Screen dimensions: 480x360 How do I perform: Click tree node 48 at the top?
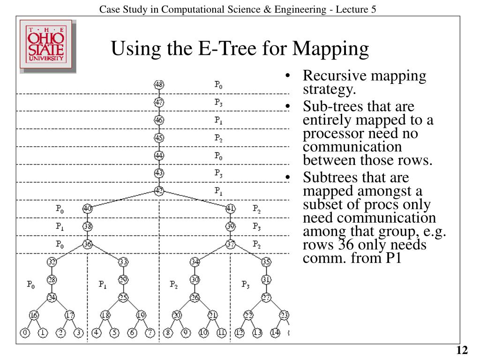click(159, 85)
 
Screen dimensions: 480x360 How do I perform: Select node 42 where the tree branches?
click(159, 191)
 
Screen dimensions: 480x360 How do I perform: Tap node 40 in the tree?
click(87, 209)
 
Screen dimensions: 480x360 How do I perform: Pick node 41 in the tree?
click(231, 209)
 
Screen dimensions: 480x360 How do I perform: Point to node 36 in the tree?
click(87, 244)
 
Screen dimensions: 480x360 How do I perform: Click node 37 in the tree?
click(231, 244)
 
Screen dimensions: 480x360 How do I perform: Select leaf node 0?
click(25, 334)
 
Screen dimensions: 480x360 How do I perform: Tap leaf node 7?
click(150, 334)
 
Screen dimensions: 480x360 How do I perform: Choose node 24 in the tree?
click(52, 297)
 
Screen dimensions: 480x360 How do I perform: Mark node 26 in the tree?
click(195, 297)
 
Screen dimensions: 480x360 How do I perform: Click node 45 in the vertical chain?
click(159, 138)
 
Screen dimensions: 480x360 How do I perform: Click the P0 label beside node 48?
click(218, 85)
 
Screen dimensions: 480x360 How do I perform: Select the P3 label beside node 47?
click(218, 102)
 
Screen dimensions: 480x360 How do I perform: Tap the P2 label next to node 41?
click(256, 209)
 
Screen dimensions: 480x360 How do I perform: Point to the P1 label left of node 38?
click(60, 226)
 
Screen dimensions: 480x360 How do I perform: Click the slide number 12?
click(462, 351)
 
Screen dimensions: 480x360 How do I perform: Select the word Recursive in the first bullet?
click(331, 76)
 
